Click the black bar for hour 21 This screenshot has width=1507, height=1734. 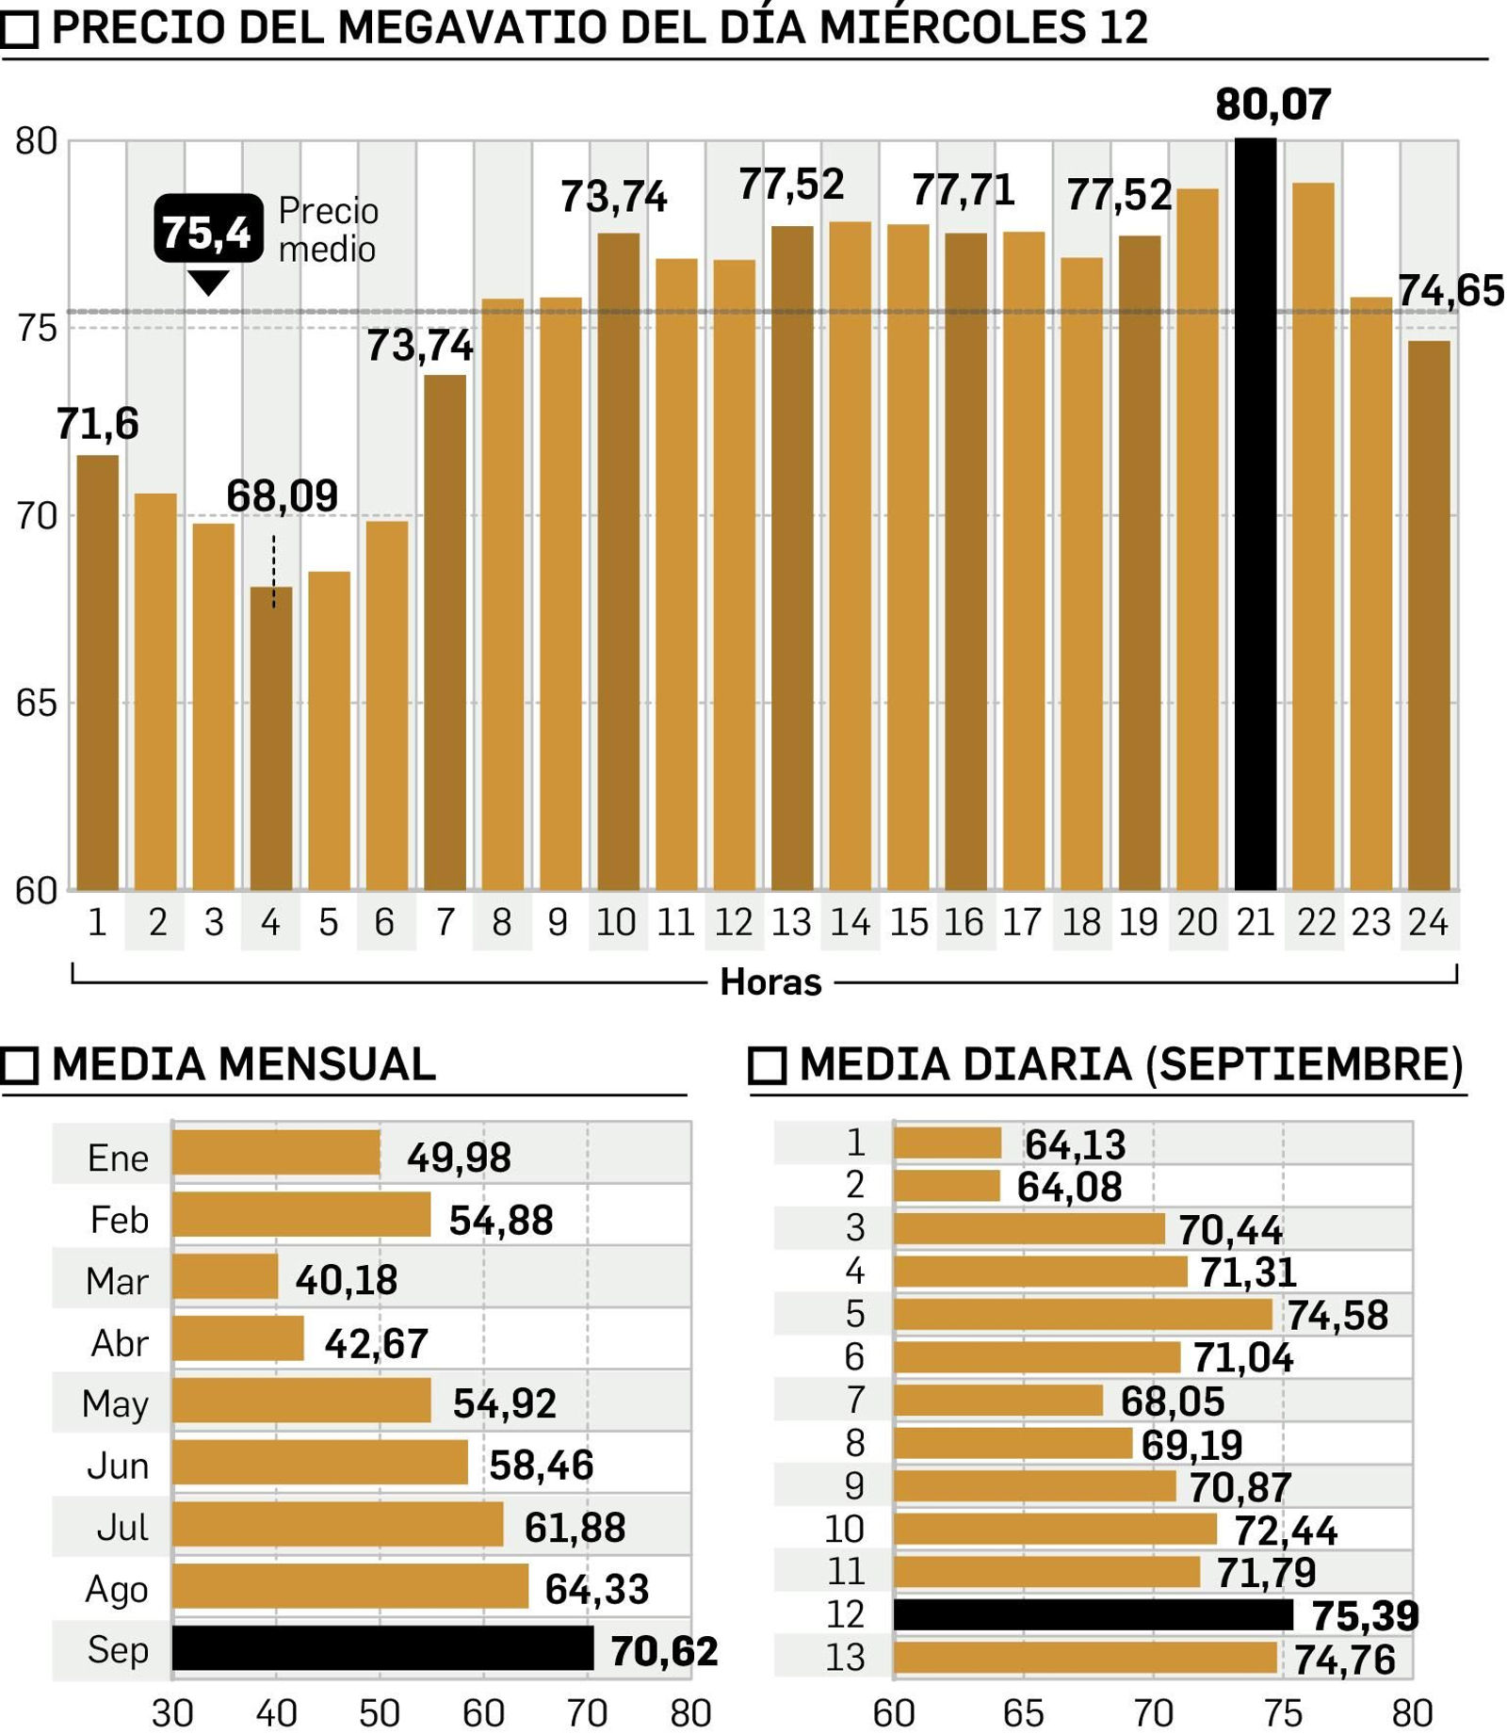(x=1255, y=513)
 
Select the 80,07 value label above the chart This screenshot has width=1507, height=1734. (x=1272, y=105)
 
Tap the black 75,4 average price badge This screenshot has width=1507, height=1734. (x=208, y=230)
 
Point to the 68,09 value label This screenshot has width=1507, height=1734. (x=282, y=496)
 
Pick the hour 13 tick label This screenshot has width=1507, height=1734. (x=790, y=923)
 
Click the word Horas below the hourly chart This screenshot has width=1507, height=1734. (x=770, y=982)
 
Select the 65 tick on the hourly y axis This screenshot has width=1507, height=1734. (x=37, y=704)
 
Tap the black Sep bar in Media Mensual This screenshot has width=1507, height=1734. (x=382, y=1648)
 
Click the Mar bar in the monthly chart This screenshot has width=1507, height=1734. (x=225, y=1276)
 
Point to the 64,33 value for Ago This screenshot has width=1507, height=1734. (x=596, y=1590)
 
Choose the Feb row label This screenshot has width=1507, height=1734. (x=119, y=1220)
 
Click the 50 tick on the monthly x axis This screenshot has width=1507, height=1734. (x=380, y=1713)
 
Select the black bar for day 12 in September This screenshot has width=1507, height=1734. (x=1093, y=1614)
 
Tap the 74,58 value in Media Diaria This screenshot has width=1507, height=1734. (x=1337, y=1316)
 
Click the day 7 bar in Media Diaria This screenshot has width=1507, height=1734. (x=998, y=1401)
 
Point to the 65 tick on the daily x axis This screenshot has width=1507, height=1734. (x=1023, y=1713)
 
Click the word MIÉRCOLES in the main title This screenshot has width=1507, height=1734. (x=952, y=28)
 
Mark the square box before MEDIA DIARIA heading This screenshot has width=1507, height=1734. (x=767, y=1065)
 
